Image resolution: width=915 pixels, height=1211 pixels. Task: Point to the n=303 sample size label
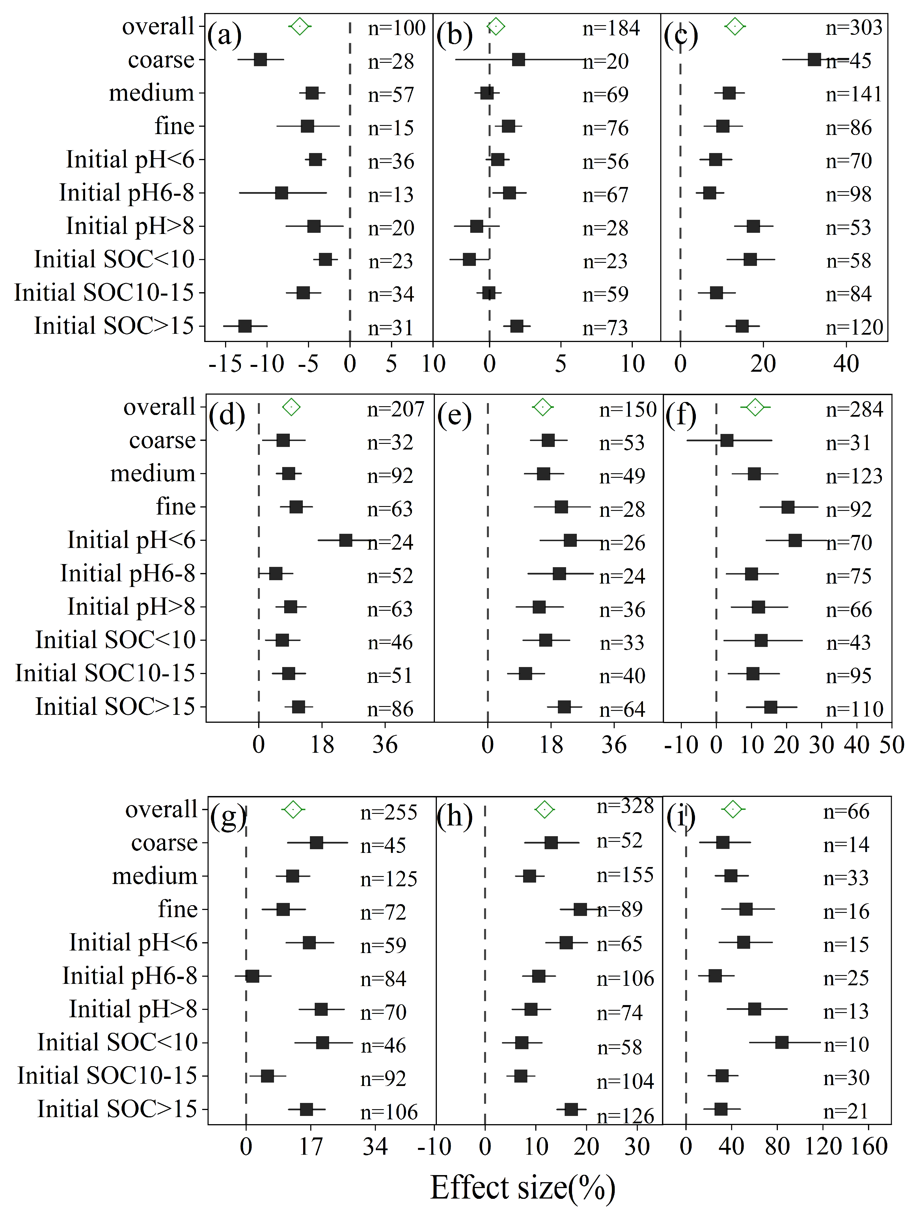point(854,27)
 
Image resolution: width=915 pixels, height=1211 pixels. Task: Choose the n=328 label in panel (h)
point(625,806)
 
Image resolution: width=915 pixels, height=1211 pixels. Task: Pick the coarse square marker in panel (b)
point(518,60)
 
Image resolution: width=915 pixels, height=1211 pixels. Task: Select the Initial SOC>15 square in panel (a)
point(245,326)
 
